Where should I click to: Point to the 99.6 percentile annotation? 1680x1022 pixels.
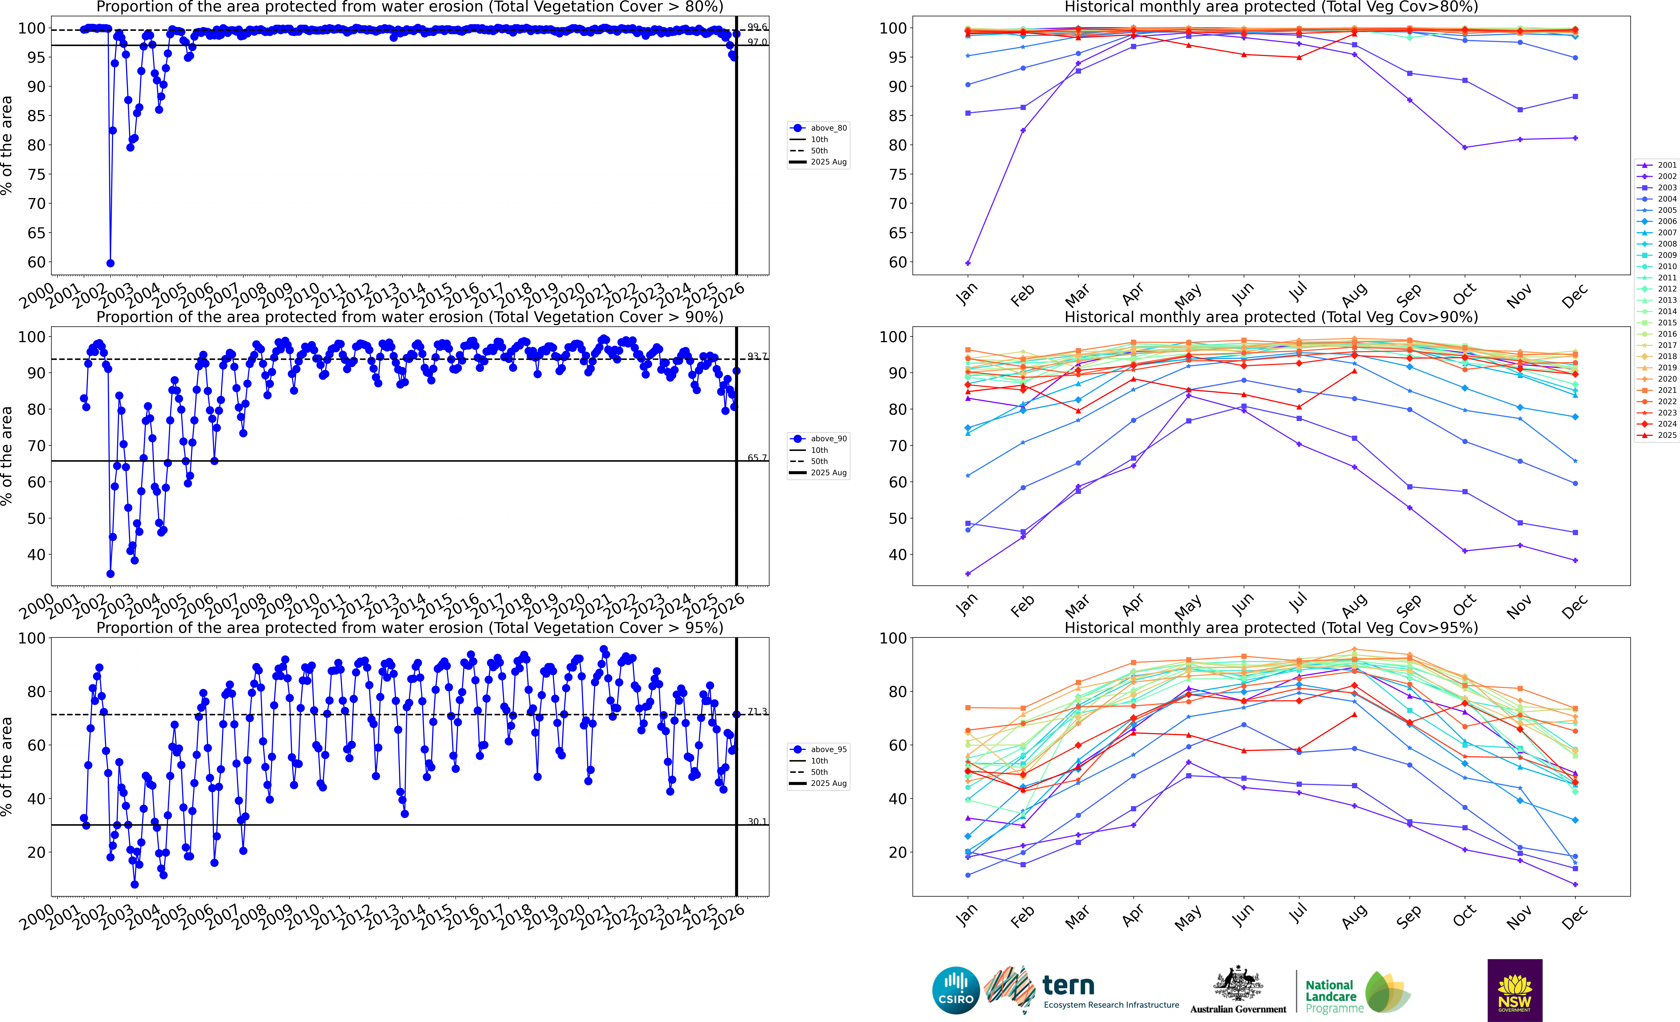click(x=757, y=27)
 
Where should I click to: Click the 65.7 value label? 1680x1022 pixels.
click(x=757, y=458)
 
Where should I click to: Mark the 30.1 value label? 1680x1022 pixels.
click(x=757, y=822)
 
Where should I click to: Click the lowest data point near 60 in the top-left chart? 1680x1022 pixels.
click(x=110, y=263)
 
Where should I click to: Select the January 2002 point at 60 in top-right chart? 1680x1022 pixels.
click(x=968, y=263)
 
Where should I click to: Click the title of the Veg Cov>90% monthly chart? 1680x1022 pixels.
click(x=1271, y=317)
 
